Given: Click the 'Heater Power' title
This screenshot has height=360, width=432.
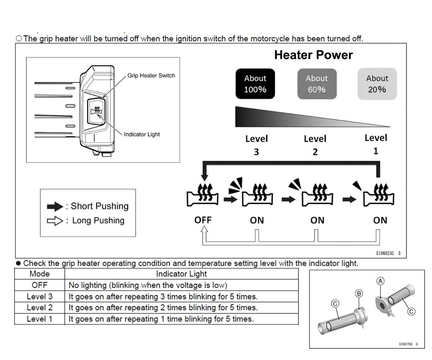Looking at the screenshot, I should [x=313, y=55].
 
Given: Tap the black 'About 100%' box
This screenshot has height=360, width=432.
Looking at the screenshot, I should [x=255, y=84].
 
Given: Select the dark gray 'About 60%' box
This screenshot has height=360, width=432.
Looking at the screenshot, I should [x=316, y=84].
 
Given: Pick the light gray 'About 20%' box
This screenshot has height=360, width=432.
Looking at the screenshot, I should [x=377, y=84].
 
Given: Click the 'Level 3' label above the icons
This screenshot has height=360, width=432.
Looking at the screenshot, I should [x=256, y=145].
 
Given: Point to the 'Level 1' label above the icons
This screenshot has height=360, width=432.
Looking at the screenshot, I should [x=375, y=144].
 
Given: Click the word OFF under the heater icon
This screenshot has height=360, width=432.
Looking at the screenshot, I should [x=203, y=220].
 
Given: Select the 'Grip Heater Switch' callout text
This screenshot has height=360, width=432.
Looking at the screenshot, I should [x=151, y=76].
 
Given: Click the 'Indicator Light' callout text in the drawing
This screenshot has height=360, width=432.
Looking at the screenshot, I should [x=142, y=134].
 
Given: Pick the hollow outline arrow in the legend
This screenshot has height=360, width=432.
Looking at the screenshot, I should [x=55, y=221].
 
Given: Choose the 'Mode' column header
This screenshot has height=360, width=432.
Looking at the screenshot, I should [x=39, y=274].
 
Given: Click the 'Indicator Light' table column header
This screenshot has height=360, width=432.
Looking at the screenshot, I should [x=181, y=274].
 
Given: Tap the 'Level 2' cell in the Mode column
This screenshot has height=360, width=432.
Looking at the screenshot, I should [x=39, y=308].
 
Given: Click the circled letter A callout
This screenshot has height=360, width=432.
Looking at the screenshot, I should [x=380, y=281].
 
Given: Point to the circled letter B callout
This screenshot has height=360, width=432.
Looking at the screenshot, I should [x=359, y=294].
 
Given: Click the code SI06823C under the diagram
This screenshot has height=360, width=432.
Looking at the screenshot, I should [x=384, y=253].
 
